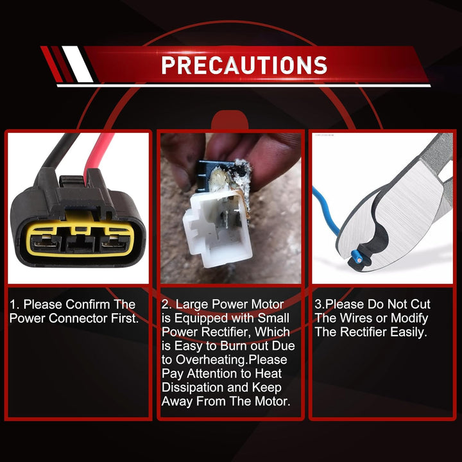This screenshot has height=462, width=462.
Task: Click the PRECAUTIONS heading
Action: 244,65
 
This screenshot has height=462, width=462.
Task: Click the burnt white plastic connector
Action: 217,227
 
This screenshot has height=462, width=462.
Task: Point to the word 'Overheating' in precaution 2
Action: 212,360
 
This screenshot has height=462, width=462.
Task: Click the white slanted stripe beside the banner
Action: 78,64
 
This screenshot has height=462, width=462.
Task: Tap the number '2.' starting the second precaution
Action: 167,304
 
